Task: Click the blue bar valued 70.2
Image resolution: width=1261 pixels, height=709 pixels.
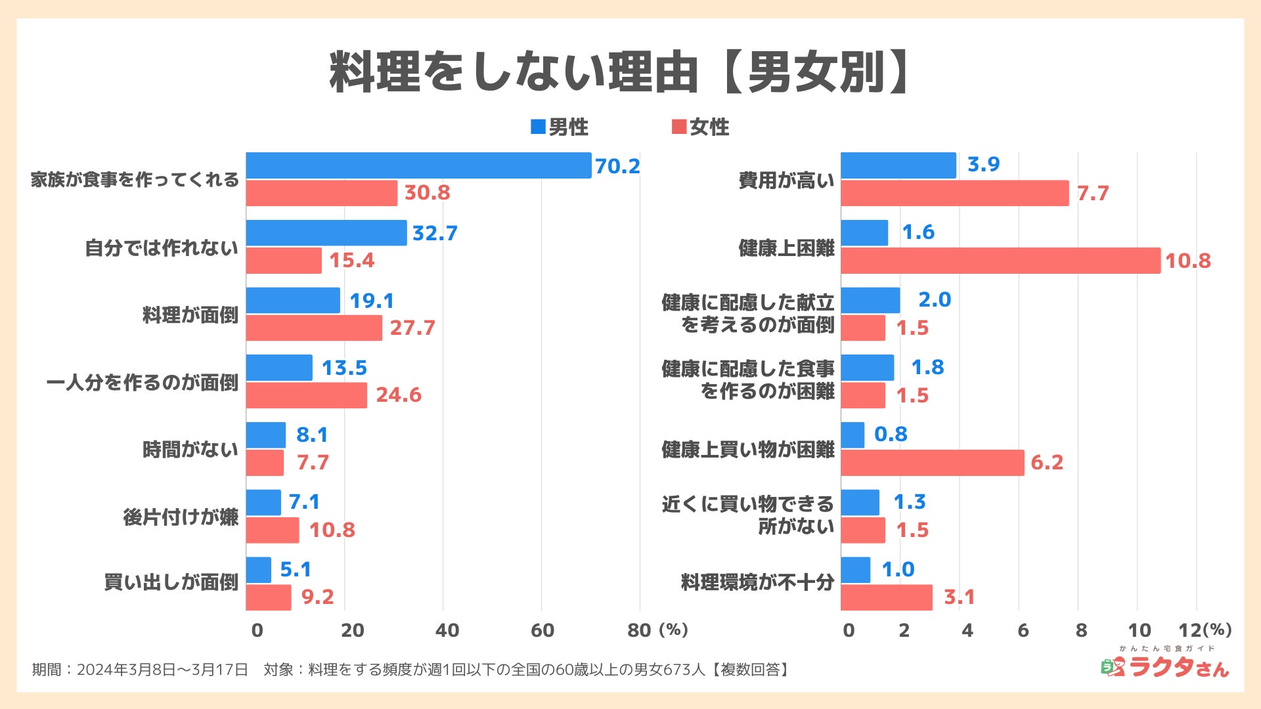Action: (418, 165)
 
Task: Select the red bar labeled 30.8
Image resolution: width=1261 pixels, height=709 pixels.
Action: (322, 193)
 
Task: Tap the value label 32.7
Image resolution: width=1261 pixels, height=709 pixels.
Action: (435, 233)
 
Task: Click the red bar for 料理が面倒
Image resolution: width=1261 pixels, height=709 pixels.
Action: (314, 328)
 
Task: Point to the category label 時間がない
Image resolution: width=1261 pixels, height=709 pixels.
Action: (190, 450)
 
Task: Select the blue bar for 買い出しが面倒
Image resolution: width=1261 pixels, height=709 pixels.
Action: (259, 570)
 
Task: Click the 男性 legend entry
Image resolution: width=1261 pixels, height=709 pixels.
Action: (560, 127)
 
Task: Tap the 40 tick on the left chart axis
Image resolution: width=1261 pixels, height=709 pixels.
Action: (447, 630)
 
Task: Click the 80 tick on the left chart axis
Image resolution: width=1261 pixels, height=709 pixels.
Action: (639, 630)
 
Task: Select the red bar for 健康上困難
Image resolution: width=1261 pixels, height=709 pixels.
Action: (1000, 261)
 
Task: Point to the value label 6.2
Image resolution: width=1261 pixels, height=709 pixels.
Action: (1047, 462)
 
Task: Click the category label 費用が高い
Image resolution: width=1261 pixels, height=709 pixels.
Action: (786, 180)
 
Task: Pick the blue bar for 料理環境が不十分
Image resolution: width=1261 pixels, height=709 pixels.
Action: (855, 570)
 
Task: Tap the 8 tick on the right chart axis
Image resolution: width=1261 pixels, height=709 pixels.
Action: (1081, 630)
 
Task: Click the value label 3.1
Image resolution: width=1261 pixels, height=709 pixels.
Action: (959, 597)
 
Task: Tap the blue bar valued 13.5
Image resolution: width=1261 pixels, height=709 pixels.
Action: (279, 368)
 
